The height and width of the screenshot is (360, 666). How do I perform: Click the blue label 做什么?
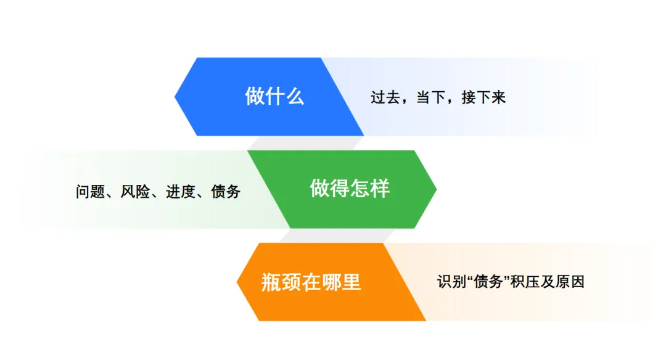[x=274, y=96]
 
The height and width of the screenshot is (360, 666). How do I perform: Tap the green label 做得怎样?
[x=349, y=189]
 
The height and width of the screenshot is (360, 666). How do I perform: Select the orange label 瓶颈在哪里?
[x=311, y=282]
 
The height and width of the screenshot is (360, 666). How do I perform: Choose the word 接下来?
[x=484, y=97]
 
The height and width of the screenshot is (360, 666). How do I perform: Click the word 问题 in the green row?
[x=91, y=192]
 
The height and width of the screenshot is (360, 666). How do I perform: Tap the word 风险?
[x=135, y=192]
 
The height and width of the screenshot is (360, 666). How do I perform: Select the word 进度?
[x=181, y=192]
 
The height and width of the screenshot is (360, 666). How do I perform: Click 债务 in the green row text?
[x=226, y=192]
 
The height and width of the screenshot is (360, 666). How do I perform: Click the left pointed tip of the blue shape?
[x=175, y=96]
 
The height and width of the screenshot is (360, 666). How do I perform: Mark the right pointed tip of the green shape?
[x=436, y=189]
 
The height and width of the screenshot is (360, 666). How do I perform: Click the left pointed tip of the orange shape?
[x=237, y=282]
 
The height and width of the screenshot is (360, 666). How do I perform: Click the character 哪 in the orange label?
[x=331, y=282]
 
